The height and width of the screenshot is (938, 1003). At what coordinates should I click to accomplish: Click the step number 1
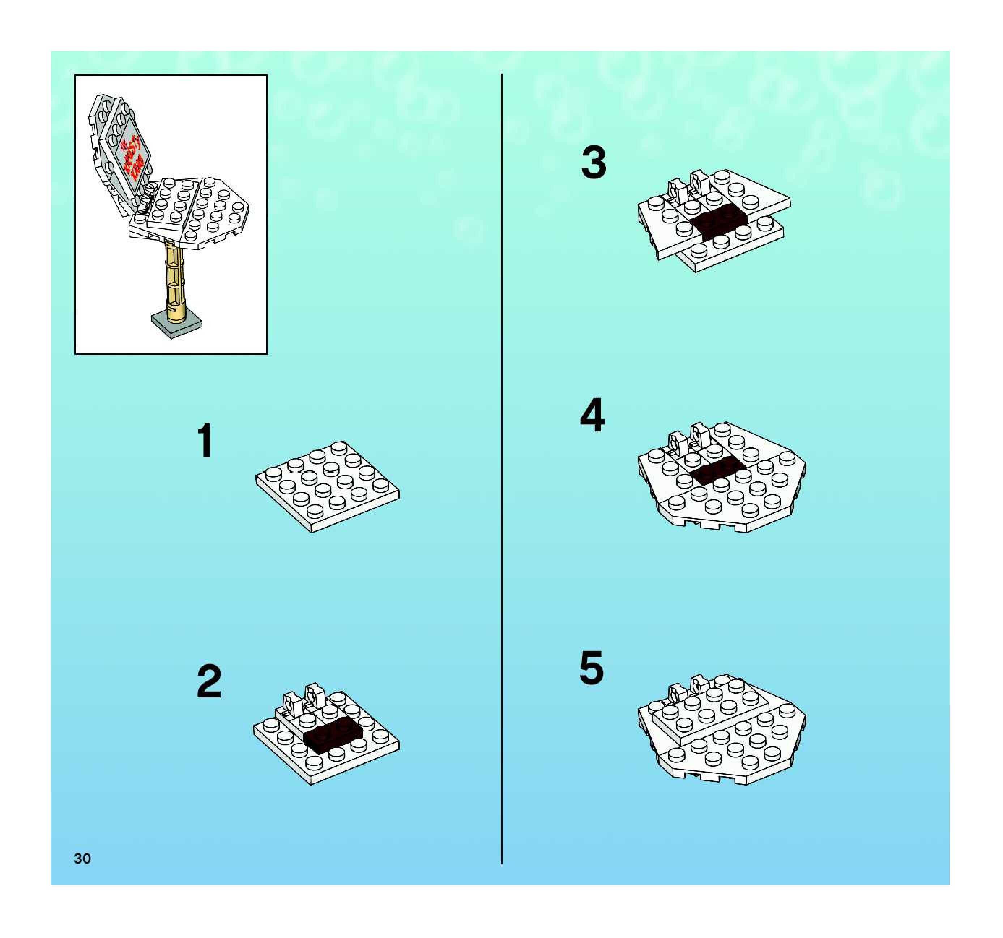205,440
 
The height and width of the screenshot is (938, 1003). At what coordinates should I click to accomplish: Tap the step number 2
209,681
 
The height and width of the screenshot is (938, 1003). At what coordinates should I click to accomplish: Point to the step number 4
592,415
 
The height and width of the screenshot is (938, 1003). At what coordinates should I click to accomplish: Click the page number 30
82,858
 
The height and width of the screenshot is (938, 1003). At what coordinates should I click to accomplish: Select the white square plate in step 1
327,485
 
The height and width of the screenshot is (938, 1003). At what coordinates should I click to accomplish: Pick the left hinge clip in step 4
676,442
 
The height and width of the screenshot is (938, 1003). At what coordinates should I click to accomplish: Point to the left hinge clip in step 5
676,694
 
